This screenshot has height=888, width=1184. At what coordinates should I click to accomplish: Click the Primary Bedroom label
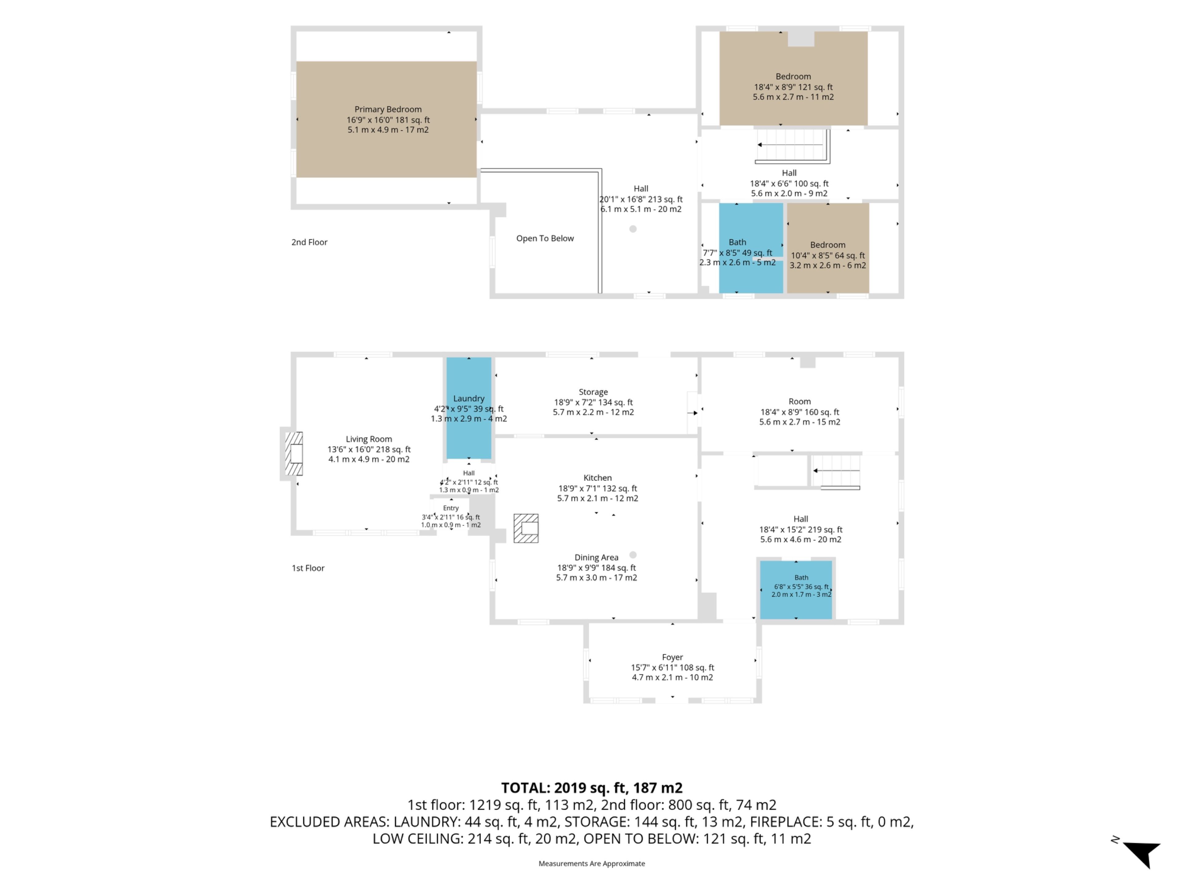[x=388, y=109]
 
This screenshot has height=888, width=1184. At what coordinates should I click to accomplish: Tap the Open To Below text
[x=545, y=238]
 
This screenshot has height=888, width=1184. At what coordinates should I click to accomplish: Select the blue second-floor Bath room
[x=751, y=248]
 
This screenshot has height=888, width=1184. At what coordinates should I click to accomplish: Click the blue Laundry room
[x=469, y=408]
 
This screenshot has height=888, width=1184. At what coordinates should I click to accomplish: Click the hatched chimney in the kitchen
[x=526, y=528]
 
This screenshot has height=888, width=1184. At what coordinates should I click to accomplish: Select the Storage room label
[x=593, y=392]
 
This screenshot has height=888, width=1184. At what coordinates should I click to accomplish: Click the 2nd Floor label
[x=309, y=242]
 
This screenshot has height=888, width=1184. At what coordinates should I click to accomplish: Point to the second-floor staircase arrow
[x=790, y=145]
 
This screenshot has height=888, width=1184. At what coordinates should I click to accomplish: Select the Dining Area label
[x=596, y=557]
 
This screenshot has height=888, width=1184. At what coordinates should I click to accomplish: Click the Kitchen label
[x=597, y=477]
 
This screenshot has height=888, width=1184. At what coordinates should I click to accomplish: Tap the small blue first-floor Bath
[x=796, y=589]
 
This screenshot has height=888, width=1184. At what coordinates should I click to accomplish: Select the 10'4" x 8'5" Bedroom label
[x=828, y=245]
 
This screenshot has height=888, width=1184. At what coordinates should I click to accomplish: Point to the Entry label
[x=451, y=508]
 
